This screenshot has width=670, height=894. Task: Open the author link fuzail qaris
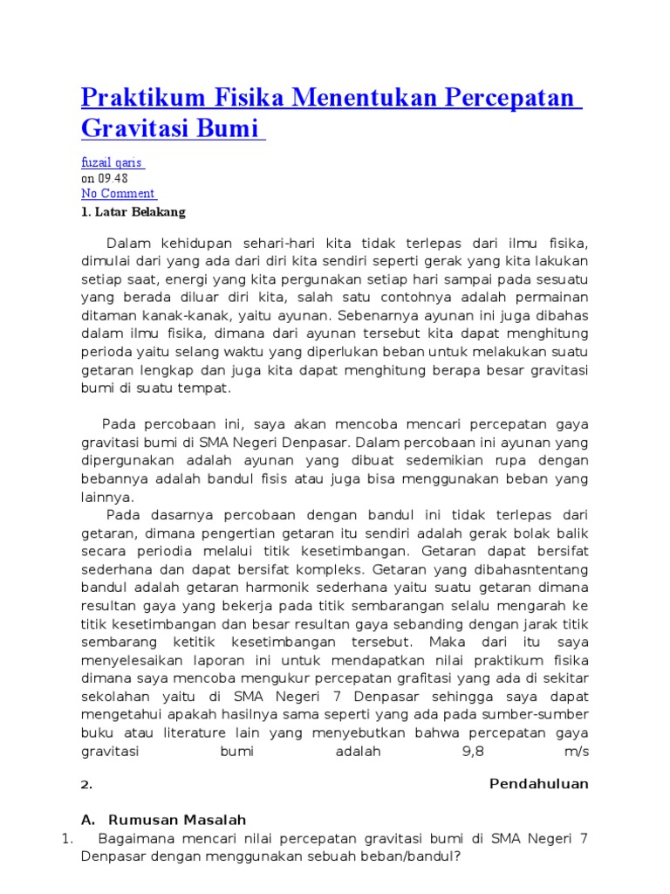(x=113, y=163)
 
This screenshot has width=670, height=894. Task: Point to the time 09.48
(x=111, y=178)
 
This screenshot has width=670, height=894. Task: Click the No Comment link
(x=118, y=194)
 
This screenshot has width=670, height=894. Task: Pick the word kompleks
(x=356, y=570)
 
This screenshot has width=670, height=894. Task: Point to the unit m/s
(x=577, y=752)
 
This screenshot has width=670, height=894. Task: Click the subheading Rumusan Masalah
(x=176, y=820)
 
